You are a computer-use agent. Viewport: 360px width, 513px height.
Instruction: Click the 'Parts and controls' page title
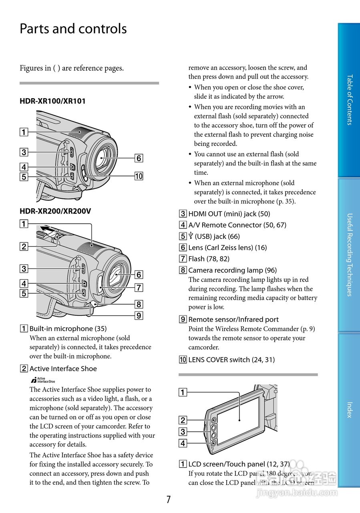73,29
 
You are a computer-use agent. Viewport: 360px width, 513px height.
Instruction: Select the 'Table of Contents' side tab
349,100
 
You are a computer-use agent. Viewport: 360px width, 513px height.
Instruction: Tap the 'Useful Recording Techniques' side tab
349,254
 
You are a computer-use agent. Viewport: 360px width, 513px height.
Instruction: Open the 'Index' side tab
349,410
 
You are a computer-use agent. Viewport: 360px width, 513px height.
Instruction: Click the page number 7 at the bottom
169,499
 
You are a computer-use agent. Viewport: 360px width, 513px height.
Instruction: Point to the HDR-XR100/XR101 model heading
52,101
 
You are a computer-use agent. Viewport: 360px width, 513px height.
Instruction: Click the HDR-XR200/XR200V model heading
55,211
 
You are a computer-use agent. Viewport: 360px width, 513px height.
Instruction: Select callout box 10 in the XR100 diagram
139,176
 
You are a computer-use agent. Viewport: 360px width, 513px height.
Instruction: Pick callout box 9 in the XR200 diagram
139,315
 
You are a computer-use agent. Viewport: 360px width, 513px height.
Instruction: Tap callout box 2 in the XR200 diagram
24,246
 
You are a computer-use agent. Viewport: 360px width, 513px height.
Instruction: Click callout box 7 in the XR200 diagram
139,287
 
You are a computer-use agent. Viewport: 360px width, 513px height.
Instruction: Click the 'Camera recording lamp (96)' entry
232,270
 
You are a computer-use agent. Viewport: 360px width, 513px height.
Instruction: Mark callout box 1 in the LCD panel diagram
183,392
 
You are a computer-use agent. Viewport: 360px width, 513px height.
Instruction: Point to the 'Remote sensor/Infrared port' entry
233,319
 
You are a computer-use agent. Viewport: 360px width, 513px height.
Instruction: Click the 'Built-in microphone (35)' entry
68,329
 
